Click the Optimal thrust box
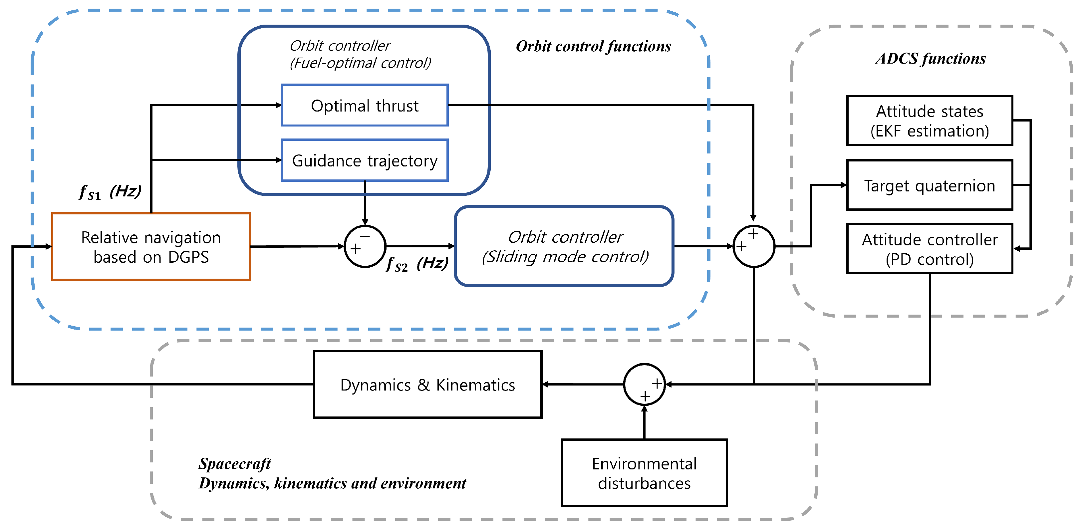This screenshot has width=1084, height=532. point(365,105)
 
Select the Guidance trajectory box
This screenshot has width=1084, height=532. point(365,160)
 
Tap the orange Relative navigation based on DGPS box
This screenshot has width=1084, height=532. point(151,247)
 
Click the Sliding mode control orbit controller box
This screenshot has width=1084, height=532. point(564,247)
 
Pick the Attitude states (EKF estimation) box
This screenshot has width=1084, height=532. point(929,121)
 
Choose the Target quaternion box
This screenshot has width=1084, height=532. point(929,185)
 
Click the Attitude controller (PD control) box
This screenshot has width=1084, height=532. point(929,249)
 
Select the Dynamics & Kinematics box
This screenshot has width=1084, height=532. point(427,384)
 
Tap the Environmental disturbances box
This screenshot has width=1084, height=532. point(644,473)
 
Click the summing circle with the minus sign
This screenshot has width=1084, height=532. point(365,247)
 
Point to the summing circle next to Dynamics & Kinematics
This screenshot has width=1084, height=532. point(644,384)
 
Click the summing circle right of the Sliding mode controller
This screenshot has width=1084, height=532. point(753,247)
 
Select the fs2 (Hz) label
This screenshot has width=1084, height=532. point(416,264)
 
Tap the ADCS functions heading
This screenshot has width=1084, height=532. point(931,59)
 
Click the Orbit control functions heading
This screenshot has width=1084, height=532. point(593,46)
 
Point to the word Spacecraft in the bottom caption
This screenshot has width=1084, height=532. point(234,463)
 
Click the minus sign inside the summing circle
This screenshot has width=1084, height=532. point(365,237)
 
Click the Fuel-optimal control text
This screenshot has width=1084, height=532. point(360,63)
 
